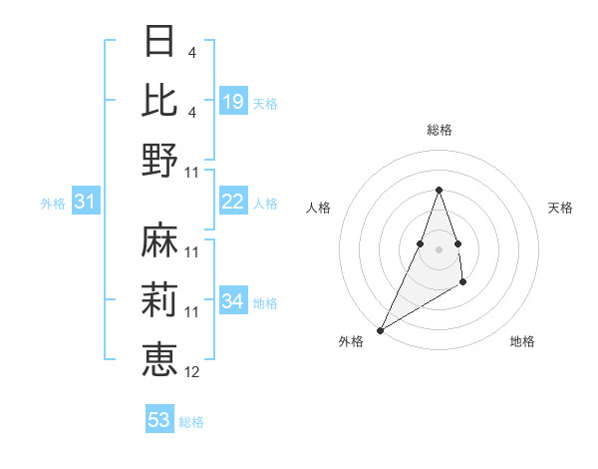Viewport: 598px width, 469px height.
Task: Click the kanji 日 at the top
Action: (159, 41)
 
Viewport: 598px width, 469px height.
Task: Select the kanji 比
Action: (159, 100)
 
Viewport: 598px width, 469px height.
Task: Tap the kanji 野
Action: (159, 159)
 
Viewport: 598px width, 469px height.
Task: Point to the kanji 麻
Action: (159, 240)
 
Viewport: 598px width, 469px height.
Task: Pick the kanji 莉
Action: (159, 299)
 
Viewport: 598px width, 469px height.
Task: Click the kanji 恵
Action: (159, 358)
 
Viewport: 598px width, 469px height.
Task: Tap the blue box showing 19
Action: (233, 101)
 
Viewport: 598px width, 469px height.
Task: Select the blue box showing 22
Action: (233, 202)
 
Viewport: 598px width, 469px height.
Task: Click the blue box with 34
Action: (233, 300)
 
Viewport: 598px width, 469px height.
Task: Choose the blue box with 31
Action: (86, 202)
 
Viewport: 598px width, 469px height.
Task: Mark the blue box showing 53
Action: (159, 420)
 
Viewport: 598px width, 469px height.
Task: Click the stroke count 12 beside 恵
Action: (192, 372)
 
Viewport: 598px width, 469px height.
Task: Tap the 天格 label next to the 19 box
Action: (265, 103)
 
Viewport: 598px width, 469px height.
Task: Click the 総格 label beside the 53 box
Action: (191, 422)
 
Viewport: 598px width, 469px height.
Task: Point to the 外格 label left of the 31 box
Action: (53, 204)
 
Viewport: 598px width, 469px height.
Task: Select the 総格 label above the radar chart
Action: (439, 131)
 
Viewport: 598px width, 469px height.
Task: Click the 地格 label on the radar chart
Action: (522, 342)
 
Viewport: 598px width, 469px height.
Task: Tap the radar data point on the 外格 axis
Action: (380, 330)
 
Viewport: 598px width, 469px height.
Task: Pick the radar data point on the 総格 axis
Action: (439, 190)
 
